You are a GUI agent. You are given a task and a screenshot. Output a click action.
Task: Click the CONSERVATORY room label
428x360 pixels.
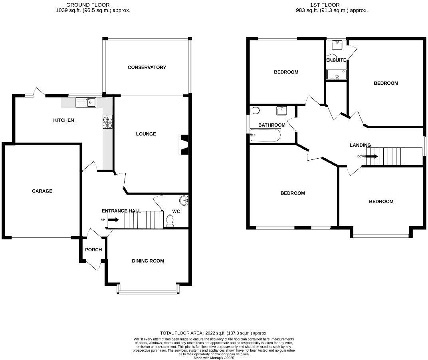(147, 68)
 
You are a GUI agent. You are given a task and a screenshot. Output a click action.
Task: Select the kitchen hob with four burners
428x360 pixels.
(108, 122)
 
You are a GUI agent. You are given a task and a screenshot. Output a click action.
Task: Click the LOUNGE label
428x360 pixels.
(146, 134)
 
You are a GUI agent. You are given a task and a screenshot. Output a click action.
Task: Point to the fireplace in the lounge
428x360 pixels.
(184, 144)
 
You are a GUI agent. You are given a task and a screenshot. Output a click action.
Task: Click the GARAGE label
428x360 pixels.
(42, 191)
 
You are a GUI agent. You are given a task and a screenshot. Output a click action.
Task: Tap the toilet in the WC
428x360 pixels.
(170, 221)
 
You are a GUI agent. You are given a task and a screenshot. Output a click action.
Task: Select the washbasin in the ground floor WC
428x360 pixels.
(184, 200)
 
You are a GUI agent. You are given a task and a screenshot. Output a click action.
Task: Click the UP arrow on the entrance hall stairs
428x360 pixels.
(113, 220)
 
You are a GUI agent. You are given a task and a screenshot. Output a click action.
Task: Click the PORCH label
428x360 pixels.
(93, 250)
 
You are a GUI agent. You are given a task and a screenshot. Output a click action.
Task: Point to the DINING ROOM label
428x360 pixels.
(148, 261)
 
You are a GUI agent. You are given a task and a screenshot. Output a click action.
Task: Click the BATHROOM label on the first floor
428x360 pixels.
(271, 125)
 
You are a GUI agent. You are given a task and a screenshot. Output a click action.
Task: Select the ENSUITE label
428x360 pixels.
(336, 60)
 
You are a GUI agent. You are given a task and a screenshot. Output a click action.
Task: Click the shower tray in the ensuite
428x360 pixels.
(337, 74)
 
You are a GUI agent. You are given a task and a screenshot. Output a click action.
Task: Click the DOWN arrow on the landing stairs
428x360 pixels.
(371, 156)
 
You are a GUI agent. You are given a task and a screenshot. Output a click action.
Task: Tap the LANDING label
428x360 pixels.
(360, 145)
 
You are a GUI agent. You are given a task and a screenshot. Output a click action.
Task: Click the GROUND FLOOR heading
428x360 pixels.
(88, 5)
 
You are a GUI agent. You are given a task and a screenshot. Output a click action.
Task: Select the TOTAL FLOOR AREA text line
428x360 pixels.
(214, 333)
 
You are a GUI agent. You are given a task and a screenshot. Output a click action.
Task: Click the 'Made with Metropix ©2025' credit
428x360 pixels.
(214, 358)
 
